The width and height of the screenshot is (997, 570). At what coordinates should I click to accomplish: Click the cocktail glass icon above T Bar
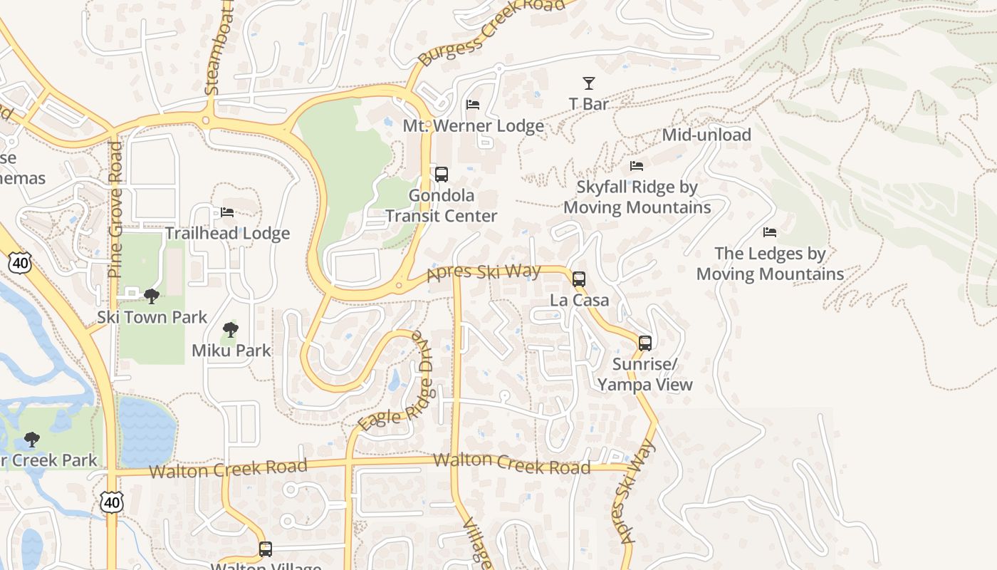pos(589,83)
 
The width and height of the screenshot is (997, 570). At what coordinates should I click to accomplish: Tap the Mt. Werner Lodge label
pos(474,126)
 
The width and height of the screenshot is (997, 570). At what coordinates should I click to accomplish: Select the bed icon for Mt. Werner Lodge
pos(473,105)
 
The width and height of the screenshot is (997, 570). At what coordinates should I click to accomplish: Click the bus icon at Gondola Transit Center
pos(442,174)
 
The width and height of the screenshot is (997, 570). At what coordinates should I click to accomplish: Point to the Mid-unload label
pos(706,135)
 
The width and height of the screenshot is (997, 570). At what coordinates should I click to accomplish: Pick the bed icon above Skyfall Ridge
pos(637,166)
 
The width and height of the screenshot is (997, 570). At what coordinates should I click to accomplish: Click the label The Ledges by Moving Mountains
pos(770,264)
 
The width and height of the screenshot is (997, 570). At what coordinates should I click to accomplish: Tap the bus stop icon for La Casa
pos(579,279)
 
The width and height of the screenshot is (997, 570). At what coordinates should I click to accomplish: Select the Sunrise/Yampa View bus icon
pos(645,343)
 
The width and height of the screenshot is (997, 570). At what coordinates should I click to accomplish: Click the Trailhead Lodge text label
pos(228,233)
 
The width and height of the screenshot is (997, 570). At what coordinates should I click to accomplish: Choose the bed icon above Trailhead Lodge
pos(227,212)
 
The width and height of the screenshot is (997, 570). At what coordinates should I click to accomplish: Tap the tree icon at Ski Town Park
pos(151,296)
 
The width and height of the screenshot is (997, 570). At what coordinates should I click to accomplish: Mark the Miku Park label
pos(231,350)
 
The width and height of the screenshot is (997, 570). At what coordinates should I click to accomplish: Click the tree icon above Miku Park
pos(230,330)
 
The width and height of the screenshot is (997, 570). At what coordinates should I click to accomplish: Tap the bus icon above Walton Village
pos(266,549)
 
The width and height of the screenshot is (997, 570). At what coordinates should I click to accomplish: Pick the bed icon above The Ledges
pos(770,232)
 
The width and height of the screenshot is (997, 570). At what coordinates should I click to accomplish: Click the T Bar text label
pos(589,104)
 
